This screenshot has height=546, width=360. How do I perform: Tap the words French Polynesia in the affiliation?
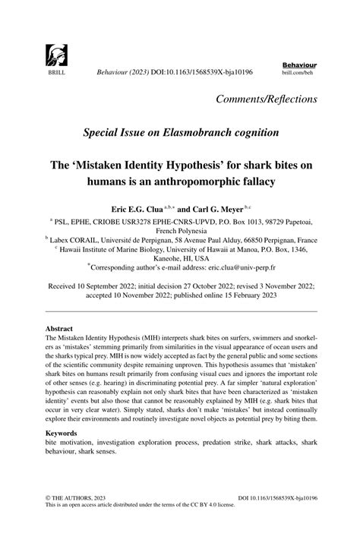point(179,229)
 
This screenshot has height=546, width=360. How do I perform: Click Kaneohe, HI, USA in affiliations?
point(179,257)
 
